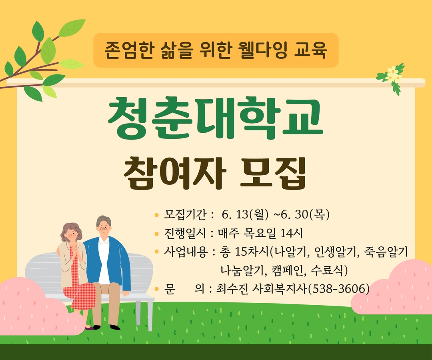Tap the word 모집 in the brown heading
click(x=272, y=173)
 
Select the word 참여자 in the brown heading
click(x=175, y=173)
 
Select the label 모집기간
click(x=185, y=214)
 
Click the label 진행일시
click(x=185, y=233)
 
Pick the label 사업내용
click(x=185, y=252)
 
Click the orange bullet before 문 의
click(x=157, y=289)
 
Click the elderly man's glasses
click(x=104, y=228)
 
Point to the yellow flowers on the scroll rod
click(x=393, y=74)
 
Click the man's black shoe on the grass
click(x=115, y=327)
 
